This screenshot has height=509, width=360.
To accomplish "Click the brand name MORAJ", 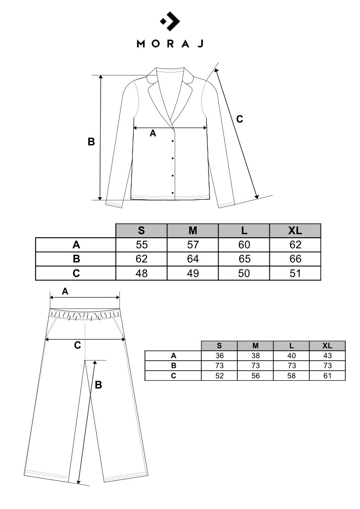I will point(170,43).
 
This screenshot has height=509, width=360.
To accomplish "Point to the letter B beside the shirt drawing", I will point(91,142).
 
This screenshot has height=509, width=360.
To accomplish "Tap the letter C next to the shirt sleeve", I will point(240,119).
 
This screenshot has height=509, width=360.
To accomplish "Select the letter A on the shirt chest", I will point(152,134).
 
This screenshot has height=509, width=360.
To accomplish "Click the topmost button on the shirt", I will point(173,142).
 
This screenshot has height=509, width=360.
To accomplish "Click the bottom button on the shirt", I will point(173,192).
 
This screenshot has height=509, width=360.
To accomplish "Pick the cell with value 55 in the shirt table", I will point(142,245).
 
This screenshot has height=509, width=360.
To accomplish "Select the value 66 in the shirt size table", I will point(295,259).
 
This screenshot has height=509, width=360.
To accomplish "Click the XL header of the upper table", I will point(295,230).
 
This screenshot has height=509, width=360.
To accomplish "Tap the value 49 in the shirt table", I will point(193,273).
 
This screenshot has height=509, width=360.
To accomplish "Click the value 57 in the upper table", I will point(193,245).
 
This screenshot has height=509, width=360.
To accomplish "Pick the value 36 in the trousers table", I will point(219,356).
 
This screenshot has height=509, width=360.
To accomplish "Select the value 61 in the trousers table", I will point(327,375).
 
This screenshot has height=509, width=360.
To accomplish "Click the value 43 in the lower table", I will point(327,356).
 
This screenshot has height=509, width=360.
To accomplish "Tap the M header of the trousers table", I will point(255,346).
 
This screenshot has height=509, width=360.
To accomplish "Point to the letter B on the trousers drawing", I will point(98,385).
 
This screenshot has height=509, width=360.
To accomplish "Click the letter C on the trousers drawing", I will point(77,345).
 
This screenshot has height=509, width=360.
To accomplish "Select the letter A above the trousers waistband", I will point(65,291).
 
